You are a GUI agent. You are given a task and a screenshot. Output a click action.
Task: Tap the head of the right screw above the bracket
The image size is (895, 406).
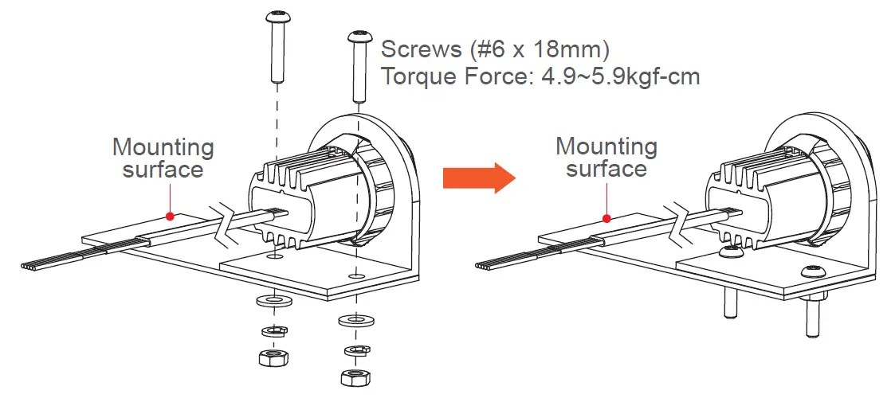click(358, 37)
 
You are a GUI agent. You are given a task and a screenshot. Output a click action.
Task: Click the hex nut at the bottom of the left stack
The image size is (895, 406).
click(273, 357)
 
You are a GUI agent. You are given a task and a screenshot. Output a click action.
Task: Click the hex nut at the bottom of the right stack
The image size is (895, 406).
click(352, 377)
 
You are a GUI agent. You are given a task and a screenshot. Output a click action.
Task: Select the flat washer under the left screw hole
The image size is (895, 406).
click(274, 302)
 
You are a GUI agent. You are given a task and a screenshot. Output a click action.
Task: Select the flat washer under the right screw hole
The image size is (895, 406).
click(353, 322)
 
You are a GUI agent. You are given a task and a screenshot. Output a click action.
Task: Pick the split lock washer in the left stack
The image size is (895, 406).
click(273, 330)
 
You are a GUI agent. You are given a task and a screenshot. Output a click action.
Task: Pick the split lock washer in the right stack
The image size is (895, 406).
click(353, 349)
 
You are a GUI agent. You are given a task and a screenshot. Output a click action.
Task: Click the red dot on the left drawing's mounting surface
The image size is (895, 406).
click(169, 215)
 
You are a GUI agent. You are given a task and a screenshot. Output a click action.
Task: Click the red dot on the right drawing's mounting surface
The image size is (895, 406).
click(607, 217)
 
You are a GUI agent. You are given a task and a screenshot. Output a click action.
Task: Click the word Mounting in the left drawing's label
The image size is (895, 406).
click(163, 147)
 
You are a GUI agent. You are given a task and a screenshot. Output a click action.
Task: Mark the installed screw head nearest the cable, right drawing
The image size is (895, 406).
click(728, 252)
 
